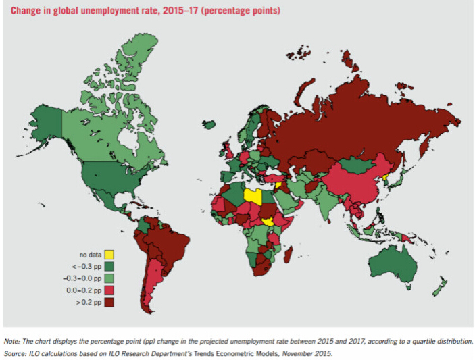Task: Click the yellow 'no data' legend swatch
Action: tap(109, 255)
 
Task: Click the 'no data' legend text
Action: tap(90, 255)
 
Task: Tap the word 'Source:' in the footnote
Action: tap(17, 353)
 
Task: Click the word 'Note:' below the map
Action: tap(14, 342)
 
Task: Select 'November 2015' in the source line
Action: tap(311, 353)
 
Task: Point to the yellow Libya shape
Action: tap(253, 196)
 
